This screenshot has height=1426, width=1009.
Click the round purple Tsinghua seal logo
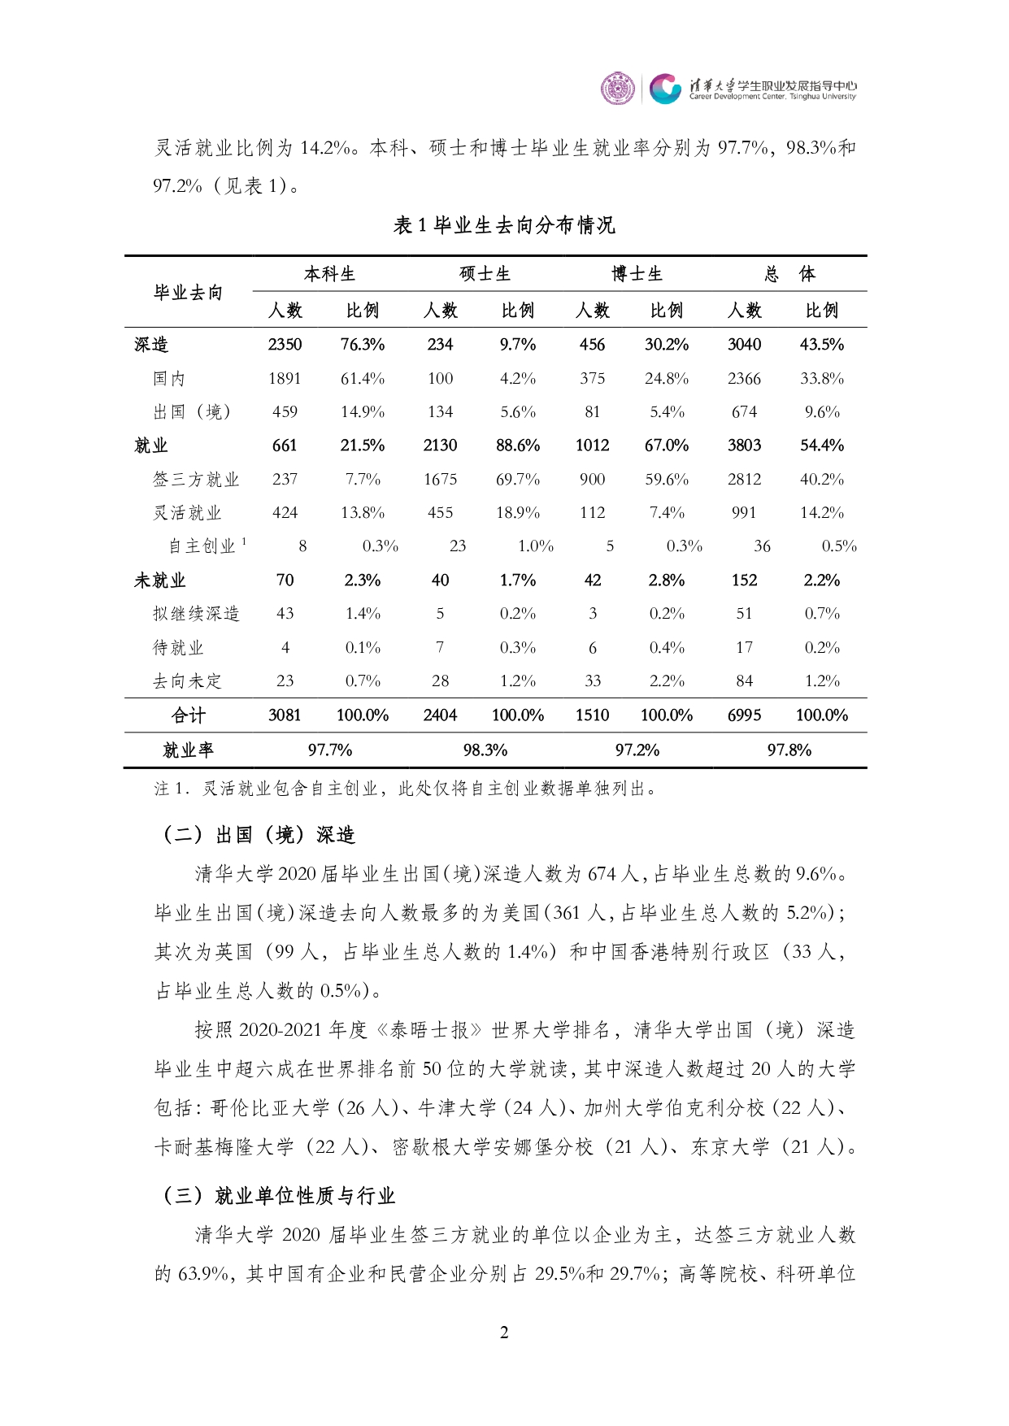617,88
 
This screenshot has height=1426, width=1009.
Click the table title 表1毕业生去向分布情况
504,225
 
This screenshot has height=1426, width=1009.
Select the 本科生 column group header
329,274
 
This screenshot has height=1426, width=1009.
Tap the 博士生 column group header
637,274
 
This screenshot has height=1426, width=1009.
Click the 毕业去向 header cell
188,293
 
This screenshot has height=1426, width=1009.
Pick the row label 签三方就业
196,480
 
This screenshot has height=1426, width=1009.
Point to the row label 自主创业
202,546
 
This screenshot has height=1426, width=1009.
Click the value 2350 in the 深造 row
285,345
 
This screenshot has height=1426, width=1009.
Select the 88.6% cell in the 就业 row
518,446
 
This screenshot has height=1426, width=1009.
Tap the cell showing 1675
440,480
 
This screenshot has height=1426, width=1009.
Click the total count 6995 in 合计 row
744,715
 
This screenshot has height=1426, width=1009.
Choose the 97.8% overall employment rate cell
789,750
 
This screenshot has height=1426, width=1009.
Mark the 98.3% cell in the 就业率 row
485,750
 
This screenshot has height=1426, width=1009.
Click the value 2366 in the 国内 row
744,379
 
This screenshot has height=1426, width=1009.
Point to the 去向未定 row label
187,681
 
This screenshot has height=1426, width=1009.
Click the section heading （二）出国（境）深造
259,835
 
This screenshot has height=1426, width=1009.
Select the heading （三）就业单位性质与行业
279,1196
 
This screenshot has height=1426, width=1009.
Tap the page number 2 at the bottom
504,1333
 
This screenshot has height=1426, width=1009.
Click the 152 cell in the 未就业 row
744,580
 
